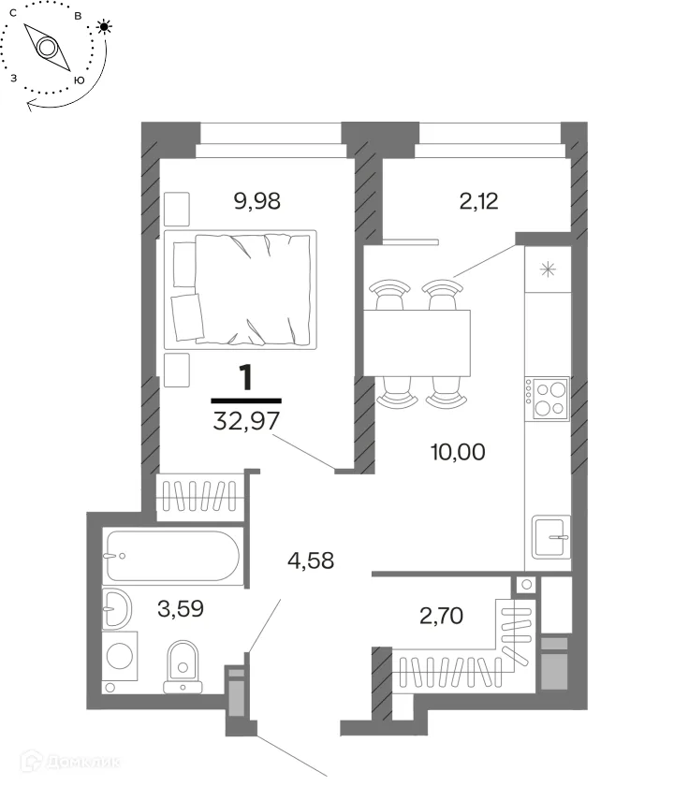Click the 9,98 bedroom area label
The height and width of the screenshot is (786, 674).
[256, 201]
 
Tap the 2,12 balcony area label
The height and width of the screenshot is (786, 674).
[478, 201]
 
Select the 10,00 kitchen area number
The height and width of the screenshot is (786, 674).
[458, 452]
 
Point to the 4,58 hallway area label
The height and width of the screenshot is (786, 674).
[311, 560]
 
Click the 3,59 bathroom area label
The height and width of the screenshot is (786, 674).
[181, 608]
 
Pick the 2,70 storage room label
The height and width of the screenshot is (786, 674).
[441, 616]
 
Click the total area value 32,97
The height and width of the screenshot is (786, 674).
[245, 421]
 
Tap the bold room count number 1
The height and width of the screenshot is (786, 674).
[245, 378]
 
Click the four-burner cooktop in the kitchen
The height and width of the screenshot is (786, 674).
[548, 399]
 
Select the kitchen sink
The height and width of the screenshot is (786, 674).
[551, 537]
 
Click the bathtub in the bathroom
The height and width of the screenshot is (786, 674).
[173, 556]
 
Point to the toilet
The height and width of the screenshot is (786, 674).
[183, 666]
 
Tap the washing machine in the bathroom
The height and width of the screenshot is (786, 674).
[120, 656]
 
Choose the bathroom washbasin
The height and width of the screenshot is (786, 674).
[117, 608]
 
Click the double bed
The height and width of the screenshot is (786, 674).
[241, 289]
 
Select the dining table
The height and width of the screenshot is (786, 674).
[417, 342]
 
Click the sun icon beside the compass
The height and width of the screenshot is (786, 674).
[104, 26]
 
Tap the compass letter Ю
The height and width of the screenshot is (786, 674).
[80, 80]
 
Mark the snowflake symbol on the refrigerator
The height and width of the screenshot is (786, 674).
[548, 269]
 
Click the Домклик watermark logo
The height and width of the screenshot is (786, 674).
[71, 763]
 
